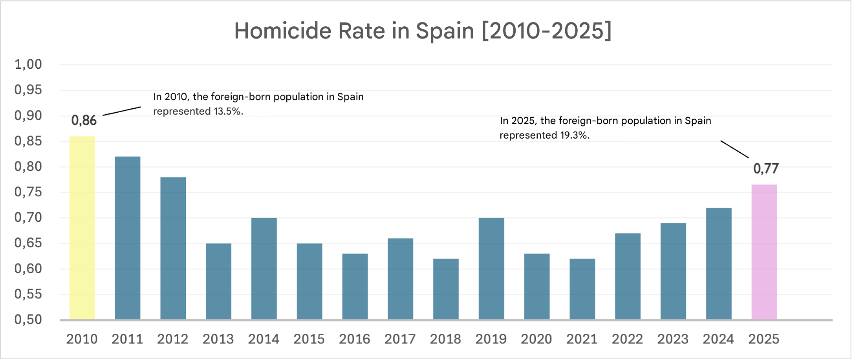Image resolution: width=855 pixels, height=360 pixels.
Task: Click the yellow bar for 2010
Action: click(82, 228)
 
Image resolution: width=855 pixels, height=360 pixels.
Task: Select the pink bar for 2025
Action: click(764, 252)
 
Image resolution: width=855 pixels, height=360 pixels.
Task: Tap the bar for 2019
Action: click(491, 269)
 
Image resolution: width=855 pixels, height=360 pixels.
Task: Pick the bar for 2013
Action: click(218, 281)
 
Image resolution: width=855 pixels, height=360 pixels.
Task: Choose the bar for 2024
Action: click(718, 263)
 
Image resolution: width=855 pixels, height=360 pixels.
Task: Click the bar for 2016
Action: click(355, 286)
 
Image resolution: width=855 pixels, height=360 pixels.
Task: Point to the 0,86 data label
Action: click(84, 121)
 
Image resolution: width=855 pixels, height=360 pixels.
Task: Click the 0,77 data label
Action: click(765, 169)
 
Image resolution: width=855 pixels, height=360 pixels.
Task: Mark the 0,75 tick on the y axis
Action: click(28, 192)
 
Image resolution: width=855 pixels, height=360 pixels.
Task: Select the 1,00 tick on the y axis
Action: click(28, 64)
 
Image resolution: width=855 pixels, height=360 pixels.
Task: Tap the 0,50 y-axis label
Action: click(28, 320)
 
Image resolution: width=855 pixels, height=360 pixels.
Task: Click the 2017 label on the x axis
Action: click(400, 339)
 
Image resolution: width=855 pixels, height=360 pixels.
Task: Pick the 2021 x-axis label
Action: click(582, 339)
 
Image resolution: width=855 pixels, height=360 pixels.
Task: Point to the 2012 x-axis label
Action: click(172, 339)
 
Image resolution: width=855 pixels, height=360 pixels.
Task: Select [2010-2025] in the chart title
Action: click(546, 31)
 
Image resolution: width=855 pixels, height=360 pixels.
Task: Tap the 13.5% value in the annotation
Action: click(228, 111)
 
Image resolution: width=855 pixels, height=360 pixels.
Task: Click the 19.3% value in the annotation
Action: click(574, 135)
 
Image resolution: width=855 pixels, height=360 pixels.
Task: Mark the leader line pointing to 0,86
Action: click(122, 111)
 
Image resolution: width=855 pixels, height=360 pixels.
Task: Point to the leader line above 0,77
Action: click(734, 149)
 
